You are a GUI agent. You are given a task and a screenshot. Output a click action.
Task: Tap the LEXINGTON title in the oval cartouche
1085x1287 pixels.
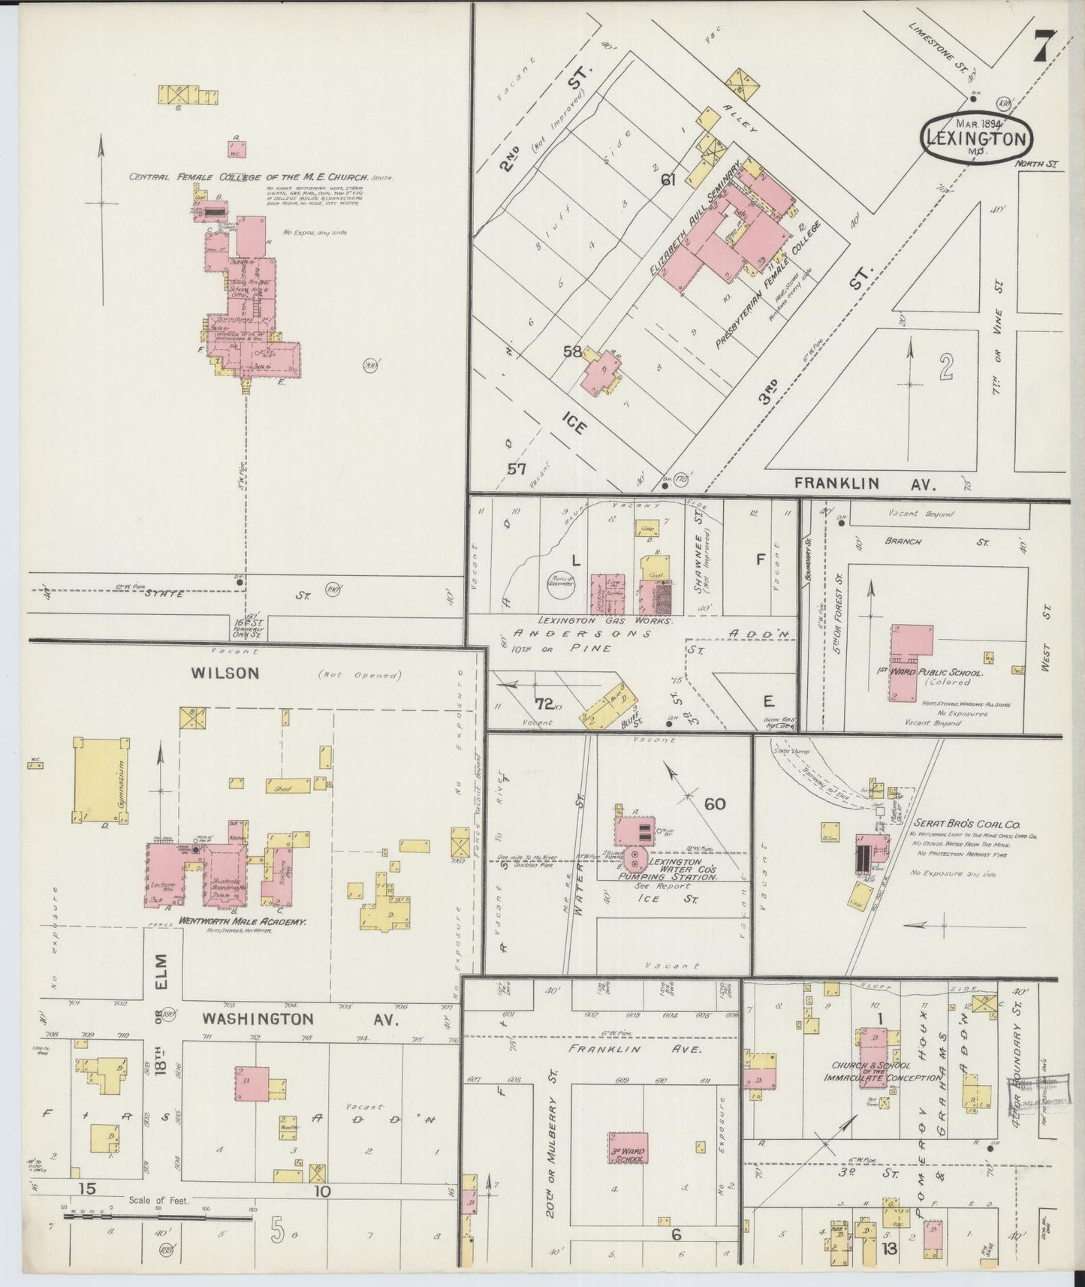click(x=976, y=138)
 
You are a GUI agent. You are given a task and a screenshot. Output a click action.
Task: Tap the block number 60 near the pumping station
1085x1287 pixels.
click(x=714, y=804)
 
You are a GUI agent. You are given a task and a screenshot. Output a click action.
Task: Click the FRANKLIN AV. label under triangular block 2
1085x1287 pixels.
click(x=866, y=484)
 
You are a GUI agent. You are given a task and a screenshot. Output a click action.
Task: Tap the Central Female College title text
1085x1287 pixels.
click(x=248, y=177)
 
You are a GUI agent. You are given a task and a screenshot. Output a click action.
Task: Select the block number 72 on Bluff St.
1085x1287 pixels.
click(x=544, y=703)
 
